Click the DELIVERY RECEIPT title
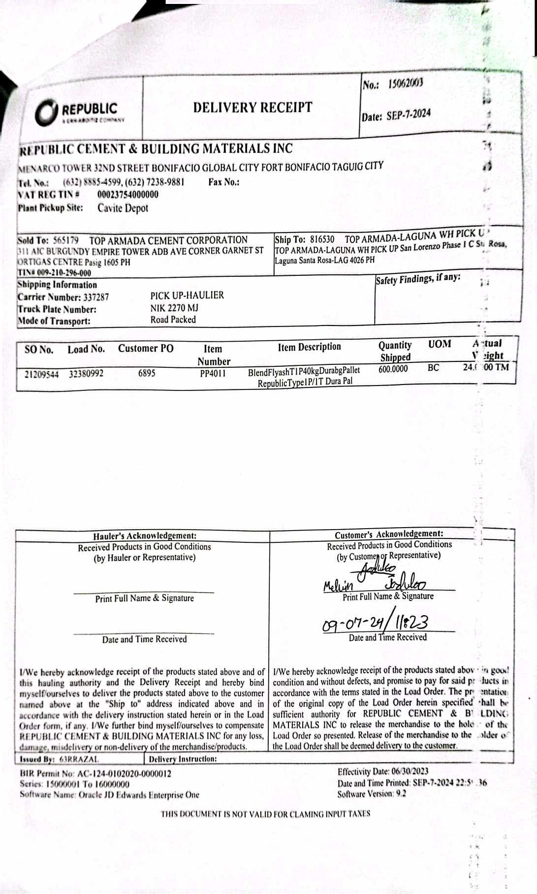253,108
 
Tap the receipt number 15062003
405,83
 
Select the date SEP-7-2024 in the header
408,115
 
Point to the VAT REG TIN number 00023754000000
128,194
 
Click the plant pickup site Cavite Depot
123,208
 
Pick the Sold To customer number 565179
66,240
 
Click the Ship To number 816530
322,239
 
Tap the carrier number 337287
96,297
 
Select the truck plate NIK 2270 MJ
174,308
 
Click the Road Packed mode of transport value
173,320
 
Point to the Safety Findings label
418,279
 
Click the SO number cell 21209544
41,374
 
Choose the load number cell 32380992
86,374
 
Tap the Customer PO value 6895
147,373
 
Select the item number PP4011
213,373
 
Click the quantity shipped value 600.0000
393,369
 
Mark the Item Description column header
309,347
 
